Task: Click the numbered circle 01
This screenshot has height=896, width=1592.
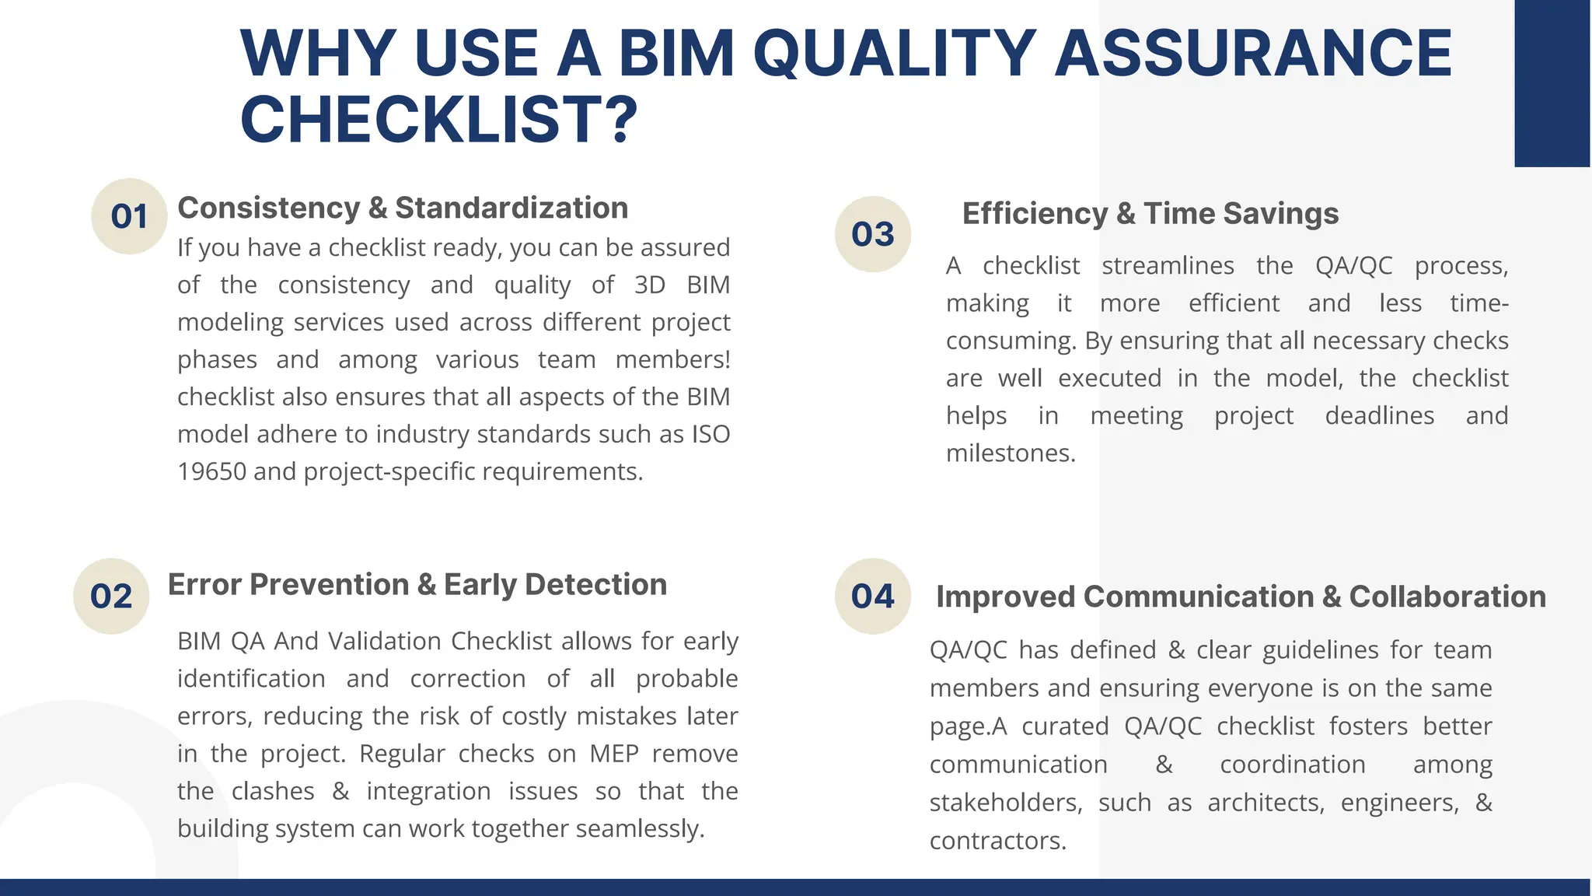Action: click(x=129, y=216)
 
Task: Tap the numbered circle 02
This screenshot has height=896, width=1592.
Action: click(x=111, y=597)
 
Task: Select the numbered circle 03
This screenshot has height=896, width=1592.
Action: click(x=872, y=234)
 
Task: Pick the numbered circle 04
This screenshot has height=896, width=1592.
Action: click(x=872, y=597)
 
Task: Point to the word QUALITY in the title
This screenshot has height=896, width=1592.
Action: click(x=894, y=53)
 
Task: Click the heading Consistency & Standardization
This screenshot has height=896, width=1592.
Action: click(x=403, y=208)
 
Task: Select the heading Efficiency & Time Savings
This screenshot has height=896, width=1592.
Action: click(x=1150, y=214)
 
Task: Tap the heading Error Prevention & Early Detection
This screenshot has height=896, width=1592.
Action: click(x=417, y=585)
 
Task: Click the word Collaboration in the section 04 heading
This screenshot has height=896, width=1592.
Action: click(x=1447, y=597)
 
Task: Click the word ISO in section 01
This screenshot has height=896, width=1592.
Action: click(x=710, y=434)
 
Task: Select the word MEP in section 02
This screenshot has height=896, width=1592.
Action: click(x=613, y=754)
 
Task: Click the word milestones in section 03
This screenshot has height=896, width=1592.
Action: click(x=1010, y=453)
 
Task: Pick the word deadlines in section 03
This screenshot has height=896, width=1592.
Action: click(x=1379, y=415)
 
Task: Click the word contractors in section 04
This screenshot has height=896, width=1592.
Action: click(x=997, y=841)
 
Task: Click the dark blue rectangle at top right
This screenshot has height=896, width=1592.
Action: click(x=1552, y=83)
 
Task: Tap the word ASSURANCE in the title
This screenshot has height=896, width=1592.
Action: click(x=1252, y=53)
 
